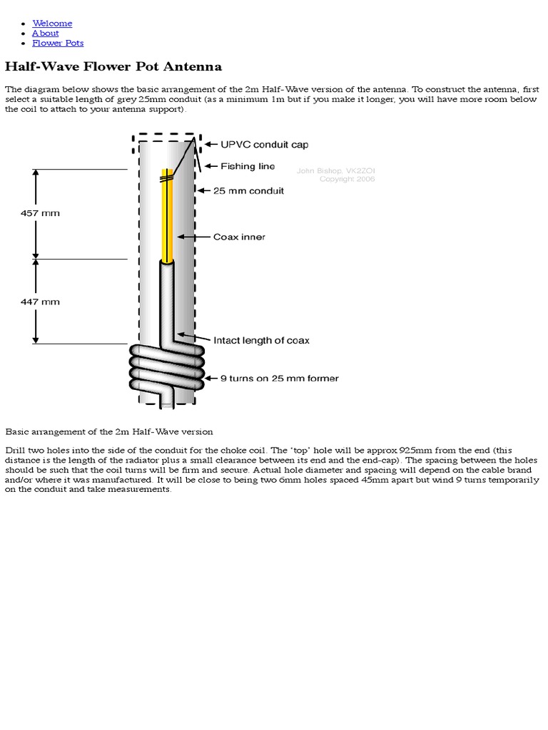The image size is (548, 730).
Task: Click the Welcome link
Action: click(52, 24)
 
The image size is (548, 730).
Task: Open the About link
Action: click(45, 34)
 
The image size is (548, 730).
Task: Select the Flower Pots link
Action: click(58, 43)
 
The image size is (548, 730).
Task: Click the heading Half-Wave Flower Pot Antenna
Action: click(113, 67)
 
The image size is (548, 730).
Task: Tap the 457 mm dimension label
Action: click(40, 212)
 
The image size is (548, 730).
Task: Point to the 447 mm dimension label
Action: click(40, 302)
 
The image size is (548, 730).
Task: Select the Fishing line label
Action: click(248, 166)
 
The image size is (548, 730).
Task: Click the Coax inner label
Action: click(239, 237)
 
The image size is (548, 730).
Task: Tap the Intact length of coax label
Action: click(261, 341)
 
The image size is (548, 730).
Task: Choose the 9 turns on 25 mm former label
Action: click(275, 378)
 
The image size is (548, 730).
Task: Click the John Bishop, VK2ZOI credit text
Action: click(335, 170)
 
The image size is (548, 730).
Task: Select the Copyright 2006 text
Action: click(347, 179)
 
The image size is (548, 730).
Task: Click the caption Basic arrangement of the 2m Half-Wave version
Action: click(109, 432)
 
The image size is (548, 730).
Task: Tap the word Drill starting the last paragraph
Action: click(16, 451)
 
